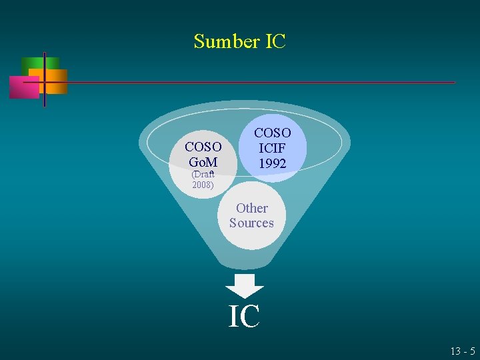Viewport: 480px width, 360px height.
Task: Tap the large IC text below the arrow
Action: click(244, 316)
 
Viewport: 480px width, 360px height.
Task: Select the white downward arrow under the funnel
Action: click(245, 285)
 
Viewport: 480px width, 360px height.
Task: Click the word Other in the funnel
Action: click(252, 208)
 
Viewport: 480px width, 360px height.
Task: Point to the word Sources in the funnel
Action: click(251, 223)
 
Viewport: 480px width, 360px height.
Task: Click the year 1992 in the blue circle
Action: click(273, 163)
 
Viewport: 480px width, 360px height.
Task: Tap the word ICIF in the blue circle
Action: click(273, 149)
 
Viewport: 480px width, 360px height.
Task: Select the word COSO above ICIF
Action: click(273, 134)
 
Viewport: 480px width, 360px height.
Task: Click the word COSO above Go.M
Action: click(203, 147)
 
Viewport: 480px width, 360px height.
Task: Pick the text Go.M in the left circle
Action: click(203, 161)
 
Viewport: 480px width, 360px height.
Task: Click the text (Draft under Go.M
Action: click(203, 174)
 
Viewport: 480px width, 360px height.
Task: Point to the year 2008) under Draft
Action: click(203, 185)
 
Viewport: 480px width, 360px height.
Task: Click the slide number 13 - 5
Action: click(463, 351)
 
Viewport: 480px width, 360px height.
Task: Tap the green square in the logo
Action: click(31, 64)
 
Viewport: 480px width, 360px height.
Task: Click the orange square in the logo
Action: click(56, 81)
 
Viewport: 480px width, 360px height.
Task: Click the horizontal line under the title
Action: click(267, 83)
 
